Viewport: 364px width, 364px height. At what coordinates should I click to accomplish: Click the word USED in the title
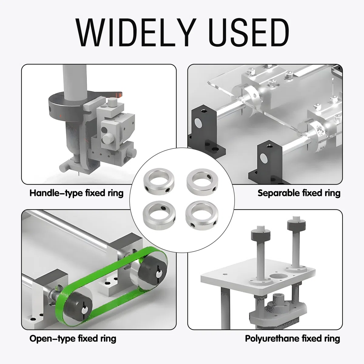click(x=249, y=32)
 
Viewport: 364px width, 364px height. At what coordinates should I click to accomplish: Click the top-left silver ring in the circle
click(x=159, y=181)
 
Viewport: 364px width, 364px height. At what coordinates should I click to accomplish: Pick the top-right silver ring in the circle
click(x=202, y=182)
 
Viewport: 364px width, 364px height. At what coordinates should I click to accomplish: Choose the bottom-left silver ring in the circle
click(x=159, y=215)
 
